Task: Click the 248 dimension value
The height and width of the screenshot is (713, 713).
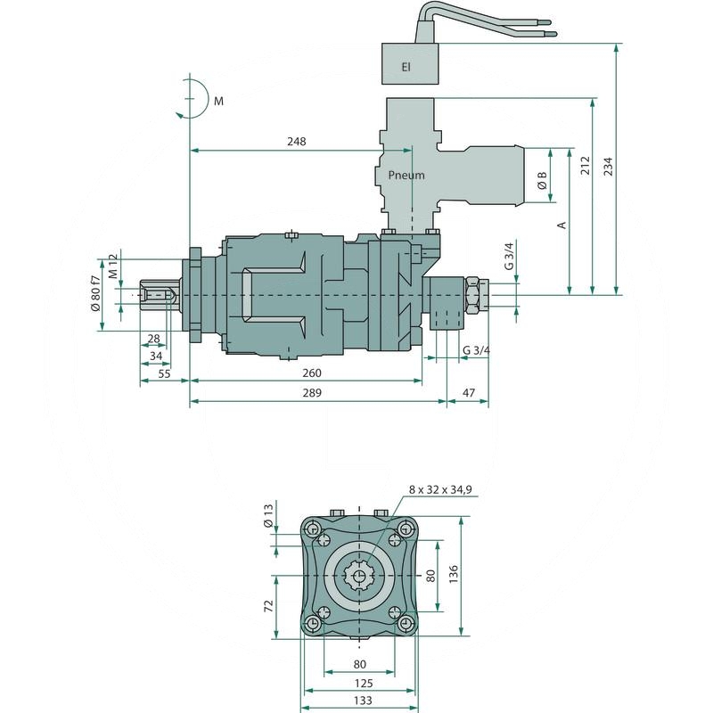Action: [297, 142]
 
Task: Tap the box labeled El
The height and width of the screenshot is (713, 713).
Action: [406, 66]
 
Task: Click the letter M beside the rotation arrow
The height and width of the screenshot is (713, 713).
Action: [218, 102]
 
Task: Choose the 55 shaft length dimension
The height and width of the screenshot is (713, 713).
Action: [164, 374]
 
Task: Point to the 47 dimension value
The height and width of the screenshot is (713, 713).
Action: [468, 392]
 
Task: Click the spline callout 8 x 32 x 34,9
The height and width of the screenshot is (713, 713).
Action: [440, 489]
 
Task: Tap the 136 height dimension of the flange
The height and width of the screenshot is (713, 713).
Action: [455, 572]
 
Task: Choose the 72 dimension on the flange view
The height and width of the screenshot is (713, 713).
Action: [268, 606]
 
